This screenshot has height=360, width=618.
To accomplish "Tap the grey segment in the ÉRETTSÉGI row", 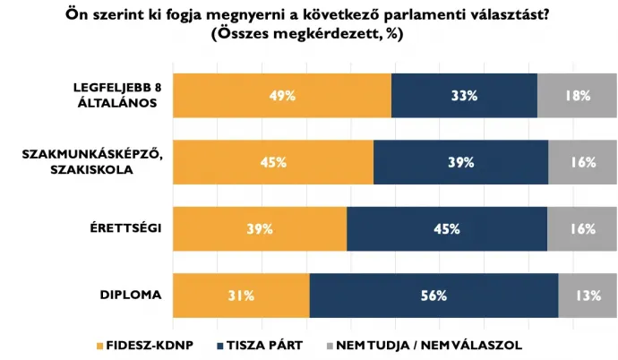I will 582,228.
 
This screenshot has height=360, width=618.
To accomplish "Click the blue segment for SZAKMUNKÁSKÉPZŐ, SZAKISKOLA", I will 460,162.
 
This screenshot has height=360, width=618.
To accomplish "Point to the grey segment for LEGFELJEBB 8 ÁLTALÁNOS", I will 577,95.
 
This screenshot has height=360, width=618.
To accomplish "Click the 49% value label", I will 282,96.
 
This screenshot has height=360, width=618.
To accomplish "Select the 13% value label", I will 588,296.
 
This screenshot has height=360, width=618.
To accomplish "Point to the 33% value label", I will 464,96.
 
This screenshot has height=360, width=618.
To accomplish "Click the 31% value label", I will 241,296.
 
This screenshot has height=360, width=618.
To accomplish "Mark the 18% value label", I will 577,96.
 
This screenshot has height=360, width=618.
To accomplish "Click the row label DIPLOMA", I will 131,295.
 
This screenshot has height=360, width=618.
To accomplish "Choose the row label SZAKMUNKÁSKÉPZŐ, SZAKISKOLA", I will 91,162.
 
